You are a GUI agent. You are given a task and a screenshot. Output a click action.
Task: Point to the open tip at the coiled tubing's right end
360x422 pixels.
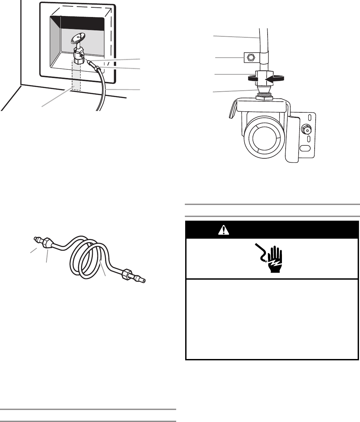(144, 281)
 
